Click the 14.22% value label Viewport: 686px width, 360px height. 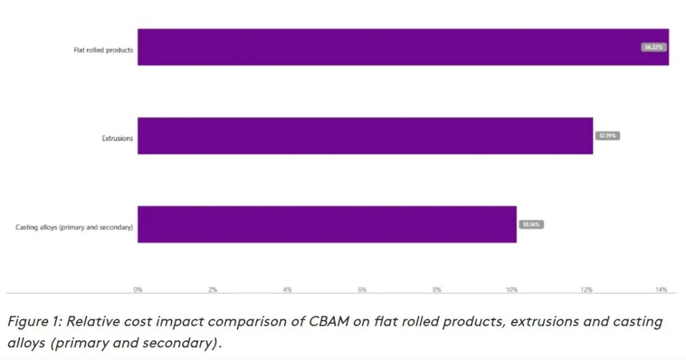pyautogui.click(x=654, y=47)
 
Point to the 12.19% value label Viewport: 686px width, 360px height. pyautogui.click(x=607, y=136)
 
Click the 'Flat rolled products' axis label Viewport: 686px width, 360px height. pyautogui.click(x=104, y=50)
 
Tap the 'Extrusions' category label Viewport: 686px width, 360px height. pyautogui.click(x=118, y=138)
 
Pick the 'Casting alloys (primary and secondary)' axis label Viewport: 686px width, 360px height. pyautogui.click(x=74, y=227)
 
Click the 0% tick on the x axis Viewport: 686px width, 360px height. pyautogui.click(x=138, y=290)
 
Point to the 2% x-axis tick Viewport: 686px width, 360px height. pyautogui.click(x=213, y=290)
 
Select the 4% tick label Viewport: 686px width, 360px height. pyautogui.click(x=287, y=290)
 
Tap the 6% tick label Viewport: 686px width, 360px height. pyautogui.click(x=362, y=290)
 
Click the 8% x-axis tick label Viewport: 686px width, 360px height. pyautogui.click(x=437, y=290)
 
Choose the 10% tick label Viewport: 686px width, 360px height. pyautogui.click(x=511, y=290)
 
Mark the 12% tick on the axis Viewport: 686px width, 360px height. pyautogui.click(x=586, y=290)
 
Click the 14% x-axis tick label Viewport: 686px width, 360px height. pyautogui.click(x=661, y=290)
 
